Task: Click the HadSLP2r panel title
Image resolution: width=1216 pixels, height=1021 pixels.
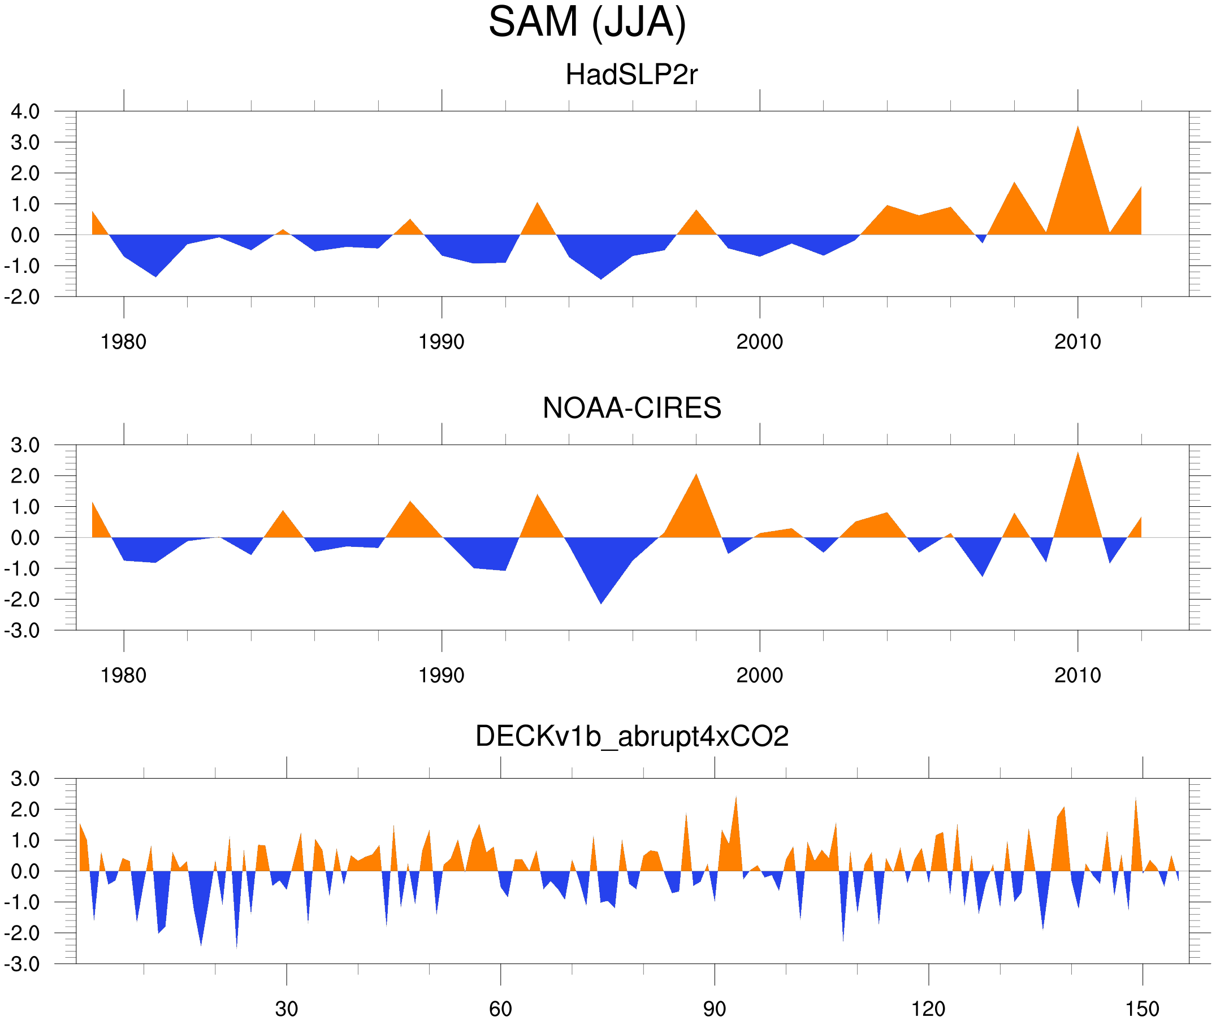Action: pos(631,75)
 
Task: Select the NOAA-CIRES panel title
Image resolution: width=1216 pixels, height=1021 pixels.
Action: pos(631,408)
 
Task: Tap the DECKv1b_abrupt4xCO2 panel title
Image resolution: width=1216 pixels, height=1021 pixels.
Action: pos(631,736)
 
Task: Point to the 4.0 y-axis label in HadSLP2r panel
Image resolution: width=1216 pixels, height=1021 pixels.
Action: pos(25,111)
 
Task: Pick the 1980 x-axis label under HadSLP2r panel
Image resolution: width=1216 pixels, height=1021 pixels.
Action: pos(123,342)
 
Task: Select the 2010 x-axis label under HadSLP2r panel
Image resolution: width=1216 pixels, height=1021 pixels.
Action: pos(1077,342)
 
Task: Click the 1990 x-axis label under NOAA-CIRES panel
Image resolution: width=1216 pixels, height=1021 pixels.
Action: pos(442,675)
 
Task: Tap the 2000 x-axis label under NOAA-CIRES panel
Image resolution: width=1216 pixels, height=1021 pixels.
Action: pos(759,675)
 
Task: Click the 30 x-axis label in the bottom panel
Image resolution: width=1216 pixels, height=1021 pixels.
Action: pos(286,1009)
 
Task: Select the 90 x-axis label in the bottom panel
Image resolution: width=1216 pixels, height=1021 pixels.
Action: pos(714,1009)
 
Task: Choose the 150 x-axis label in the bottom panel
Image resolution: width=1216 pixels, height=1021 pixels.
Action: pos(1142,1009)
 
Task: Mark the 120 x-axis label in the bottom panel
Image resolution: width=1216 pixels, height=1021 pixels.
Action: pos(928,1009)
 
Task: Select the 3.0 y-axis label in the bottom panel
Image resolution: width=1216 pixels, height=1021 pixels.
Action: pos(25,779)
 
